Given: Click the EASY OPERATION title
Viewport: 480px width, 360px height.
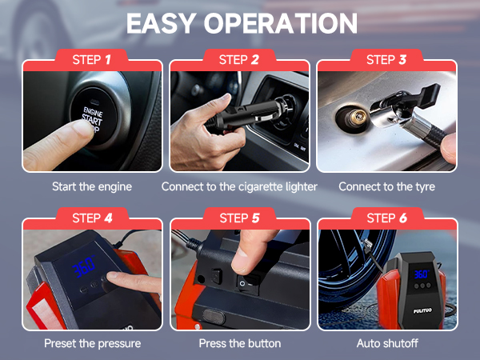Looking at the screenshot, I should pyautogui.click(x=240, y=24).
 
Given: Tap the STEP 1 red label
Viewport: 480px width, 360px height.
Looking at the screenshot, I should pyautogui.click(x=92, y=59).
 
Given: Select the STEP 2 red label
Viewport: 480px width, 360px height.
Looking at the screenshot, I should pyautogui.click(x=240, y=59).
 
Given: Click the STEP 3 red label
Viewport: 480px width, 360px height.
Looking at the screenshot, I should pyautogui.click(x=387, y=59).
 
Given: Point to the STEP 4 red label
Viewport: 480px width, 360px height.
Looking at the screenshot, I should pyautogui.click(x=92, y=218).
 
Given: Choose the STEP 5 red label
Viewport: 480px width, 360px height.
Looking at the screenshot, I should pyautogui.click(x=240, y=218).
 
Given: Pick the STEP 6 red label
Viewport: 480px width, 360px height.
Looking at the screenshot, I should pyautogui.click(x=387, y=218).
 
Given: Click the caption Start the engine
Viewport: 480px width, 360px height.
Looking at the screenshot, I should pyautogui.click(x=92, y=186).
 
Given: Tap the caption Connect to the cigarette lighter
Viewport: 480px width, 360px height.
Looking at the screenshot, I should pyautogui.click(x=240, y=186).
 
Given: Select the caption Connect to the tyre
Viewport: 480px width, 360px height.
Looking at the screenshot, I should pyautogui.click(x=387, y=186).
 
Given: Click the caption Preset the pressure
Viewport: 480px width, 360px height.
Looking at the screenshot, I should pyautogui.click(x=92, y=343).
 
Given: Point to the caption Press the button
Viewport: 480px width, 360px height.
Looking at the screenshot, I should pyautogui.click(x=240, y=343).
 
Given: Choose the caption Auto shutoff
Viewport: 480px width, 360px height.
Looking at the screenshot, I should pyautogui.click(x=387, y=343).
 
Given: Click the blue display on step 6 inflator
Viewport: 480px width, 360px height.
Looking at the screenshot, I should pyautogui.click(x=422, y=274).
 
